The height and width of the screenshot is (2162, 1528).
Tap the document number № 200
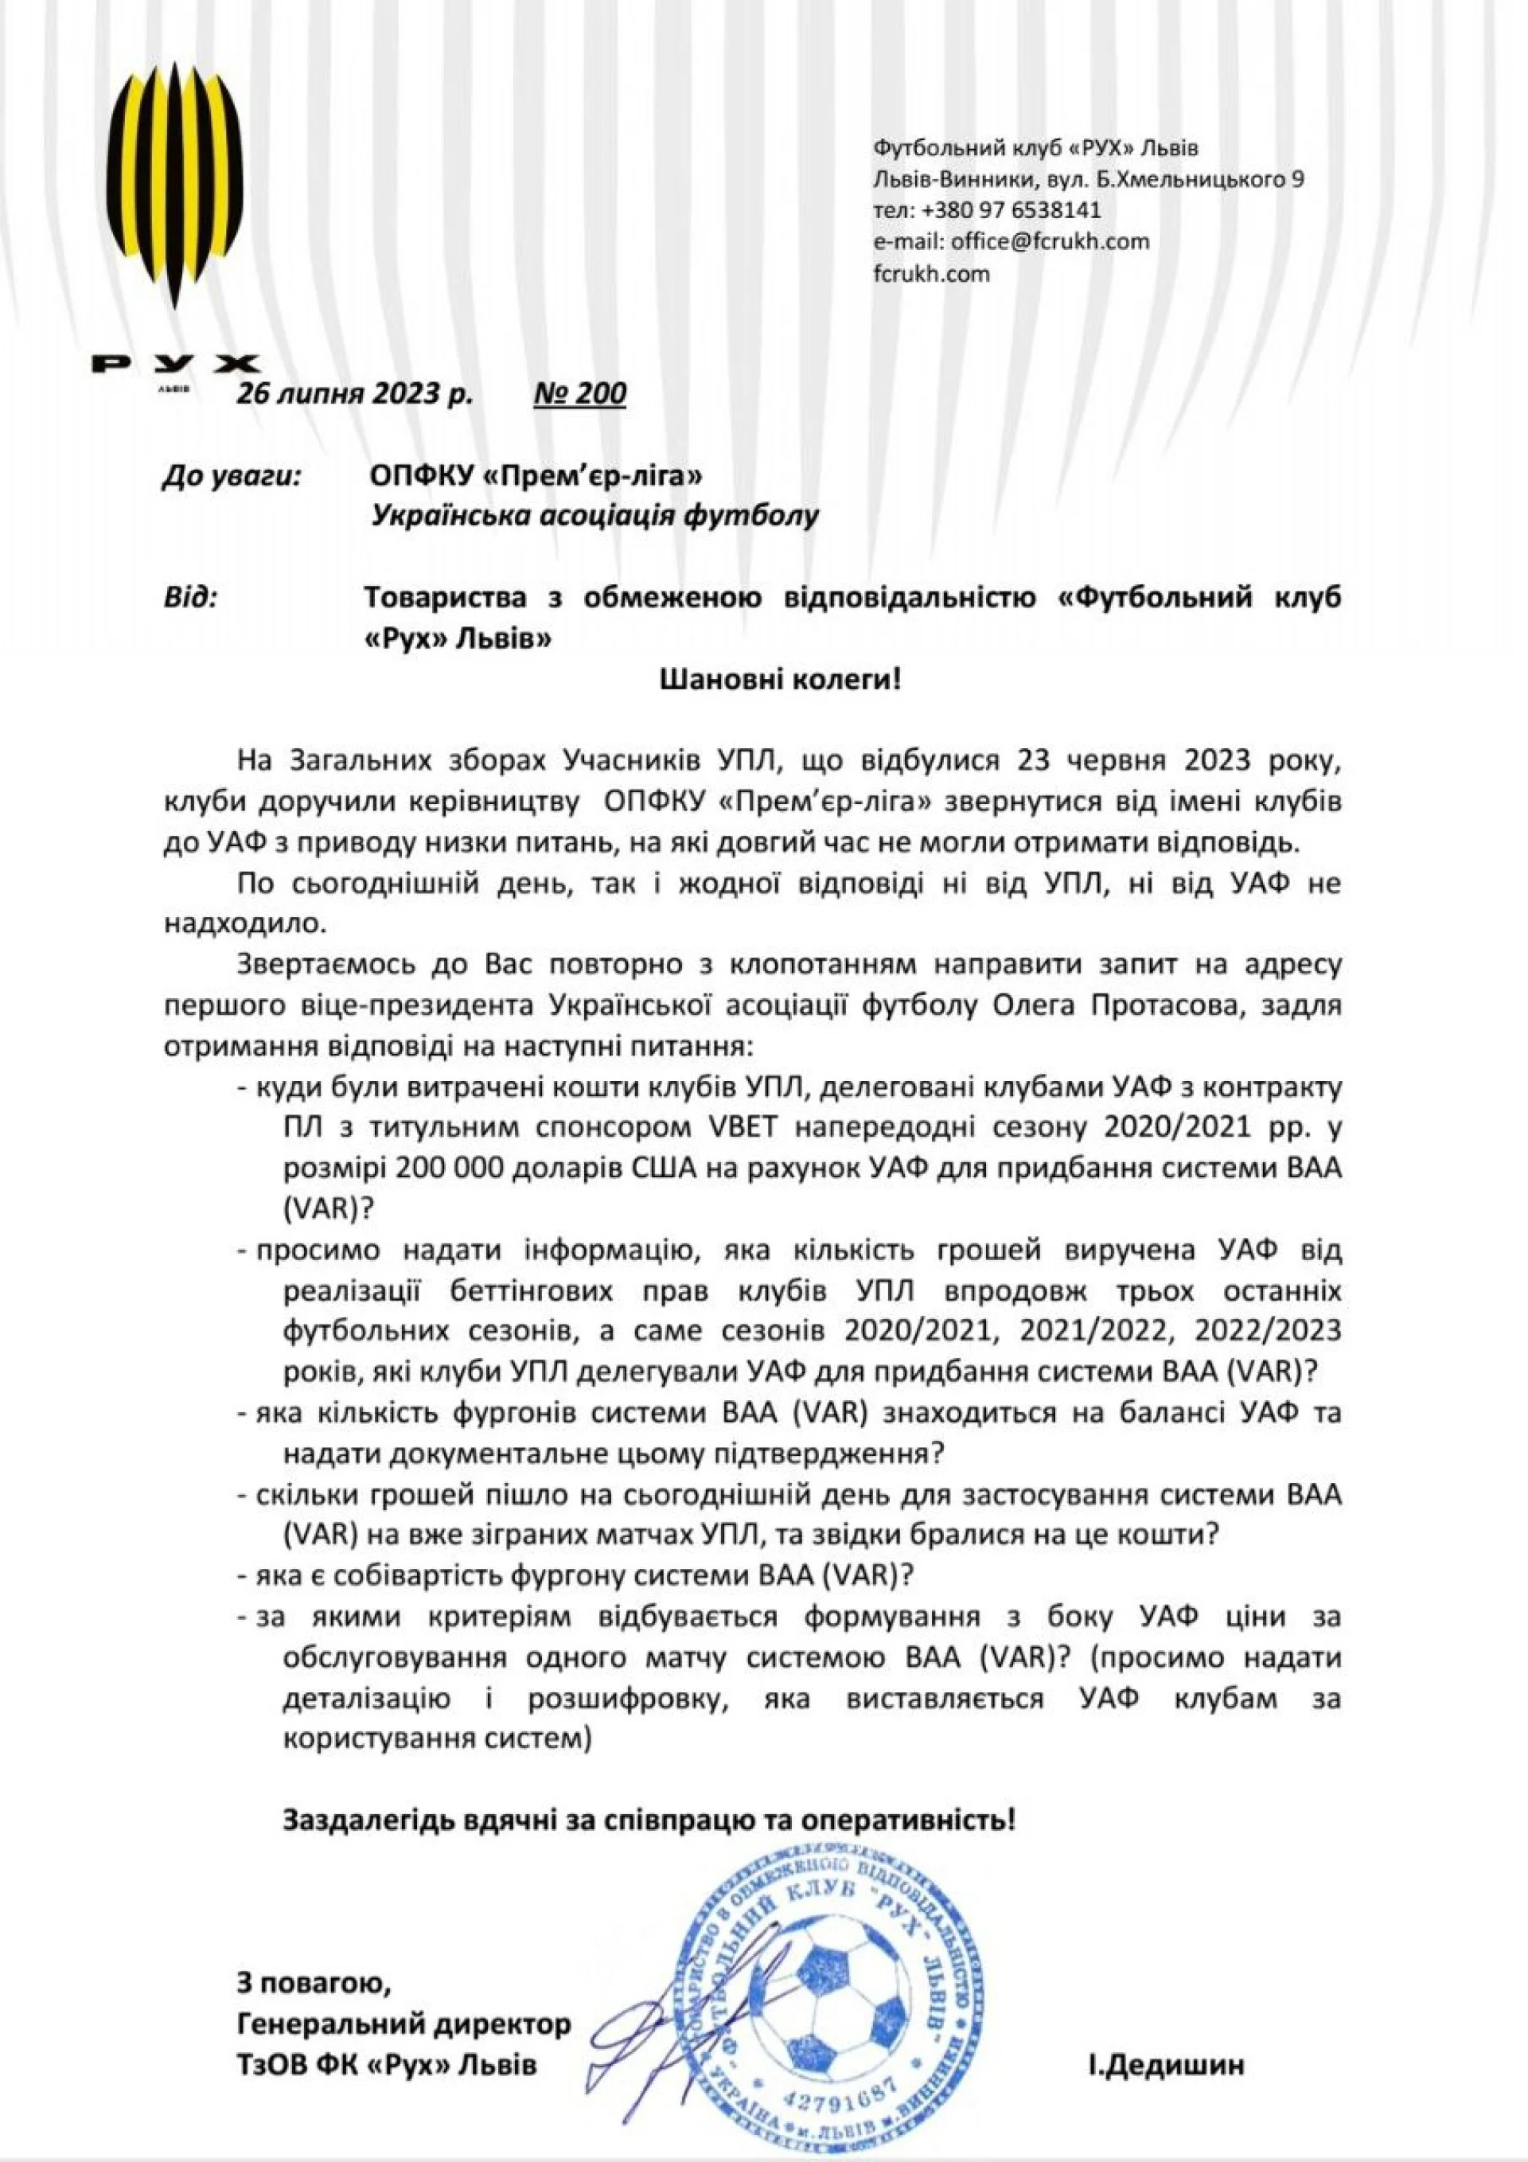click(579, 392)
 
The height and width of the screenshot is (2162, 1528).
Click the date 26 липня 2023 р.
click(355, 392)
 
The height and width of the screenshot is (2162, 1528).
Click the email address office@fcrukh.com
click(1049, 241)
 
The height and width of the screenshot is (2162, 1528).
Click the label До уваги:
click(232, 477)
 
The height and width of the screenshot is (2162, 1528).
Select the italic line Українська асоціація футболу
click(595, 516)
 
